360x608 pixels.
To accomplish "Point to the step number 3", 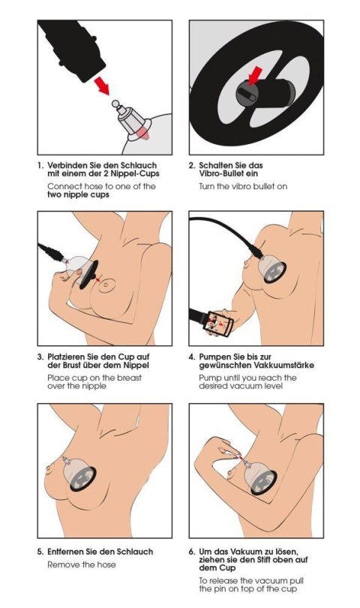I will click(x=39, y=357).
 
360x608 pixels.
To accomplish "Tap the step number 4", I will click(x=191, y=357).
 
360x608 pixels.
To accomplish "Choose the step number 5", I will click(x=39, y=552).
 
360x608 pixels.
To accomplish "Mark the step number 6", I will click(x=191, y=552).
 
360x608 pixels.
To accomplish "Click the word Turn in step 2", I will click(x=208, y=185).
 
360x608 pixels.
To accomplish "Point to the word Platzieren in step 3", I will click(x=70, y=357).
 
